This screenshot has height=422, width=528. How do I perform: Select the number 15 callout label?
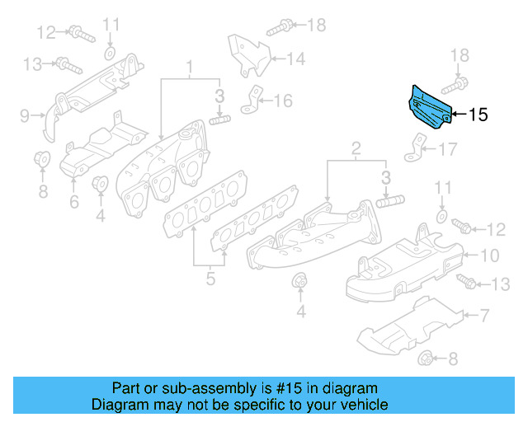478,115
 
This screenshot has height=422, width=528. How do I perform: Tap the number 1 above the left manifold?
188,66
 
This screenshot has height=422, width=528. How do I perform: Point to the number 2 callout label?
356,148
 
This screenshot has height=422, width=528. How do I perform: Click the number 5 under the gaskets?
210,279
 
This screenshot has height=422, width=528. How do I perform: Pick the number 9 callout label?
24,115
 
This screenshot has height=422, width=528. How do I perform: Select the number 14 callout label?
295,58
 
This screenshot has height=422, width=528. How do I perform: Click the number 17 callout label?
447,149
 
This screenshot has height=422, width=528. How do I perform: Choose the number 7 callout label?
484,314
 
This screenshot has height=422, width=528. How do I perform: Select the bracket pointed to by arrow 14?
247,52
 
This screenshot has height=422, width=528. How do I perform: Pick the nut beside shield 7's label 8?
427,358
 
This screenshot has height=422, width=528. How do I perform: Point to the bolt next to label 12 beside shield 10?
462,227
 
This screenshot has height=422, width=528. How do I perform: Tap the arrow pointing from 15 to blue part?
457,115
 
